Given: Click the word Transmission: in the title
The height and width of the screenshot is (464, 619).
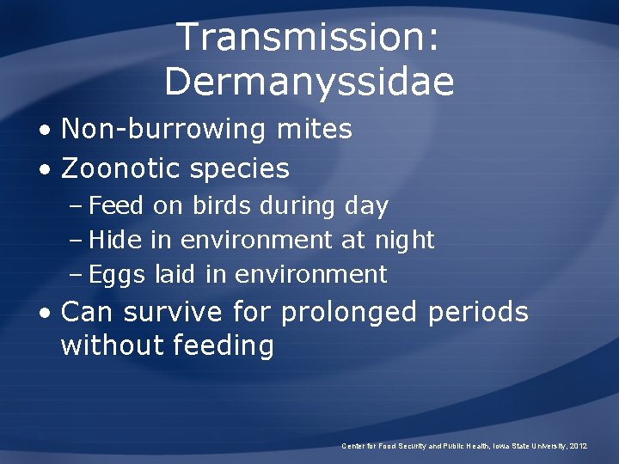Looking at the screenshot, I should coord(309,38).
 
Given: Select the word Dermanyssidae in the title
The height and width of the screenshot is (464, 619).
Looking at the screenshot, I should coord(309,82).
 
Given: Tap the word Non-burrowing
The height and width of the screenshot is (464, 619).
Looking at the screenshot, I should coord(163,130).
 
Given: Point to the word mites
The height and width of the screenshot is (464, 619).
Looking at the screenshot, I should coord(315,130).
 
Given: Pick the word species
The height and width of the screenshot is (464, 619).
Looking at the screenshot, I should coord(240,169).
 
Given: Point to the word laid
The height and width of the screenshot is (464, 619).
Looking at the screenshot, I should coord(176,275).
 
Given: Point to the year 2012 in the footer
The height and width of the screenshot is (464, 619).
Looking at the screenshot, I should coord(578,446).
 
